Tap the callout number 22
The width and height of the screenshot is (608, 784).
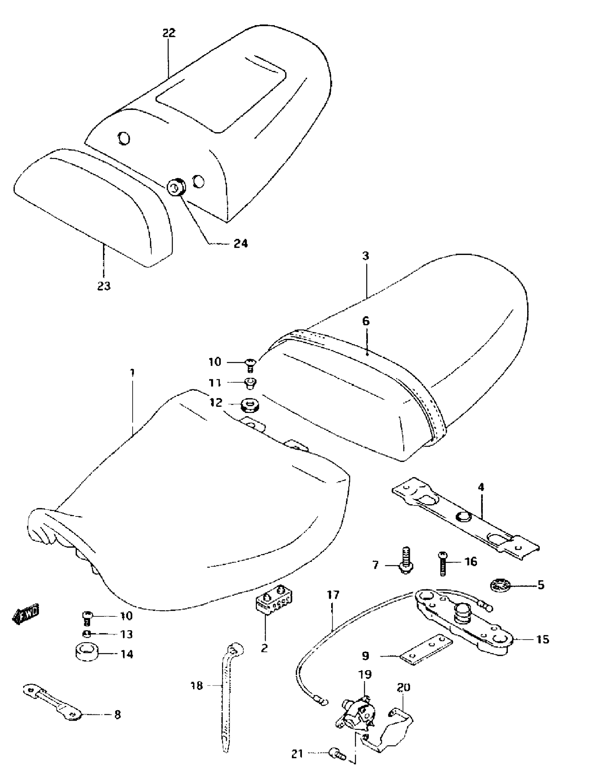169,33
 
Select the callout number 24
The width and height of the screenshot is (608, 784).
241,244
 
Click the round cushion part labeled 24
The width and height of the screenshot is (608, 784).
176,187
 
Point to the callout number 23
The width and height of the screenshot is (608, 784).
104,286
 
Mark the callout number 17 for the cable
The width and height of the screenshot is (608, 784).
333,595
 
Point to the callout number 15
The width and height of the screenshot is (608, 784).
543,639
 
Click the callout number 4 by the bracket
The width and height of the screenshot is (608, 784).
481,487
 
